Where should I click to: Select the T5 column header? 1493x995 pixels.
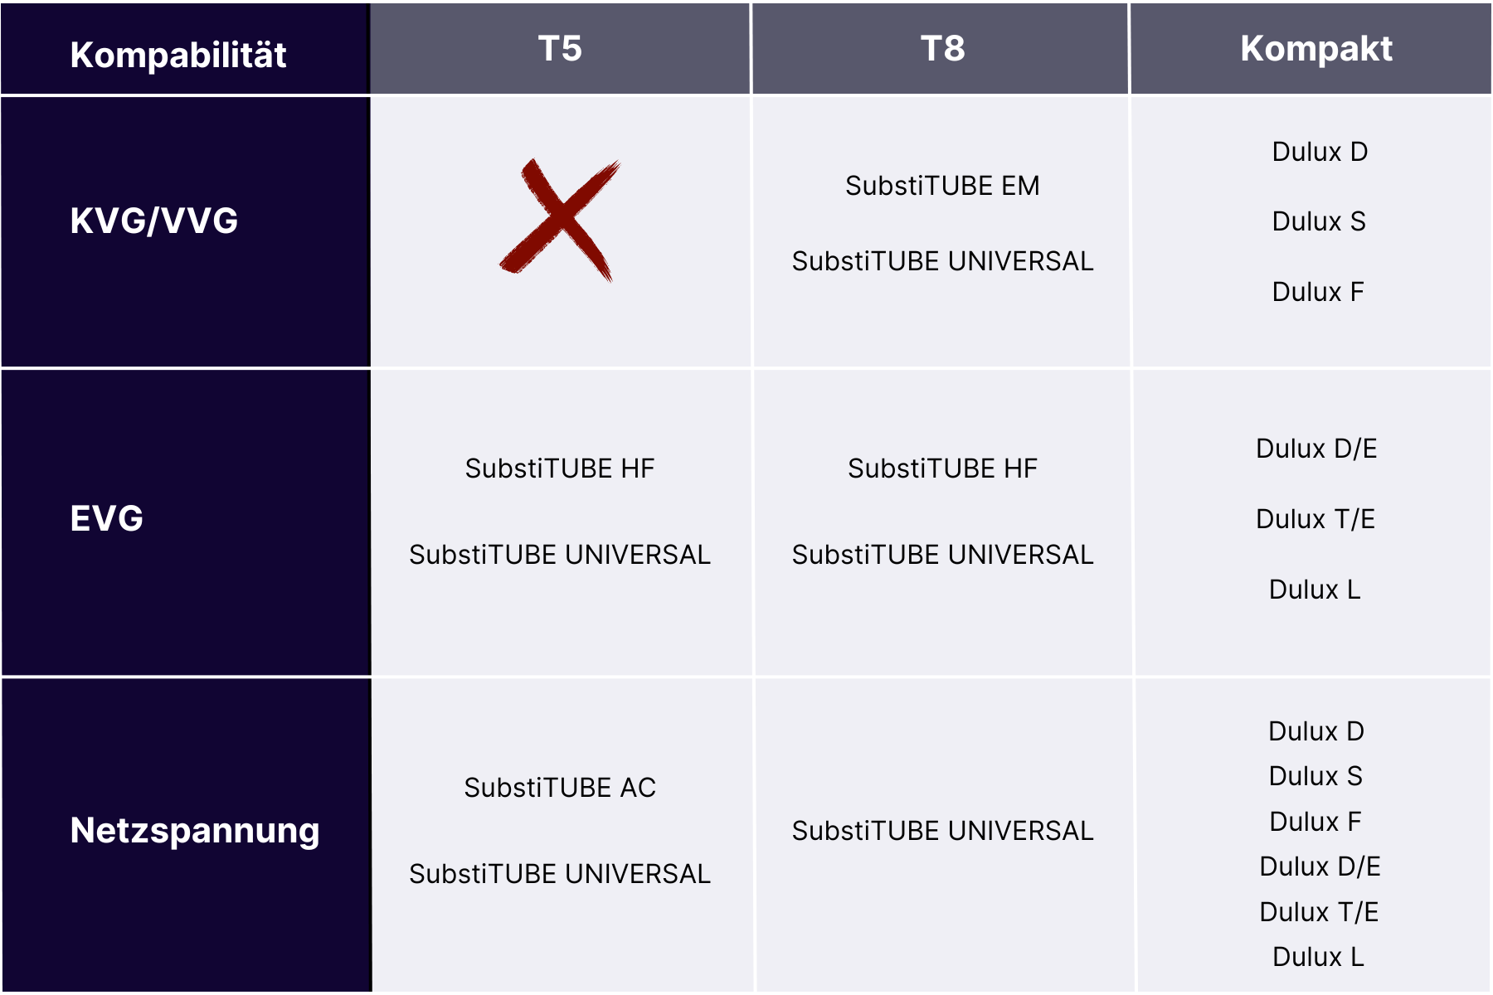[x=560, y=48]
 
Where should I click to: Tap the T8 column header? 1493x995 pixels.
[x=942, y=48]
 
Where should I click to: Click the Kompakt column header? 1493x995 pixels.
[x=1315, y=48]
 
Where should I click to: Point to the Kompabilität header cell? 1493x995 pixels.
[x=178, y=55]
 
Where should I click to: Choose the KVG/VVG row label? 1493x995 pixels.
[x=154, y=221]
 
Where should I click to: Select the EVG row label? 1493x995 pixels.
[x=107, y=518]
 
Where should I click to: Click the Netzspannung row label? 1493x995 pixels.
[x=195, y=831]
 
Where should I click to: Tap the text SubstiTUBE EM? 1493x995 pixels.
[x=942, y=186]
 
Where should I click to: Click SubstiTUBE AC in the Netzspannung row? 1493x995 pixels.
[x=560, y=788]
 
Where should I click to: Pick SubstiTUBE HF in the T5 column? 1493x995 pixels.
[x=560, y=468]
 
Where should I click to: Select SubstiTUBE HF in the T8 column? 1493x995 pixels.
[x=942, y=468]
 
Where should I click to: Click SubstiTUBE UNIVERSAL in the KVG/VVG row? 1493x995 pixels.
[x=942, y=261]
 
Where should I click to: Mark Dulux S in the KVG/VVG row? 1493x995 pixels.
[x=1319, y=221]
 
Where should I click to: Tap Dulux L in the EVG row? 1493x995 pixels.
[x=1315, y=590]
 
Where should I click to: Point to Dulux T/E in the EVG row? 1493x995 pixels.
[x=1315, y=519]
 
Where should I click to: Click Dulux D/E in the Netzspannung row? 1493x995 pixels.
[x=1320, y=866]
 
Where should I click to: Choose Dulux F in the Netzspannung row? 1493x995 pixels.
[x=1315, y=822]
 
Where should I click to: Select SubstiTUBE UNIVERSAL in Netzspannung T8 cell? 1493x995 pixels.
[x=942, y=831]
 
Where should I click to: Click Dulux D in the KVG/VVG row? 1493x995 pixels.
[x=1320, y=152]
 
